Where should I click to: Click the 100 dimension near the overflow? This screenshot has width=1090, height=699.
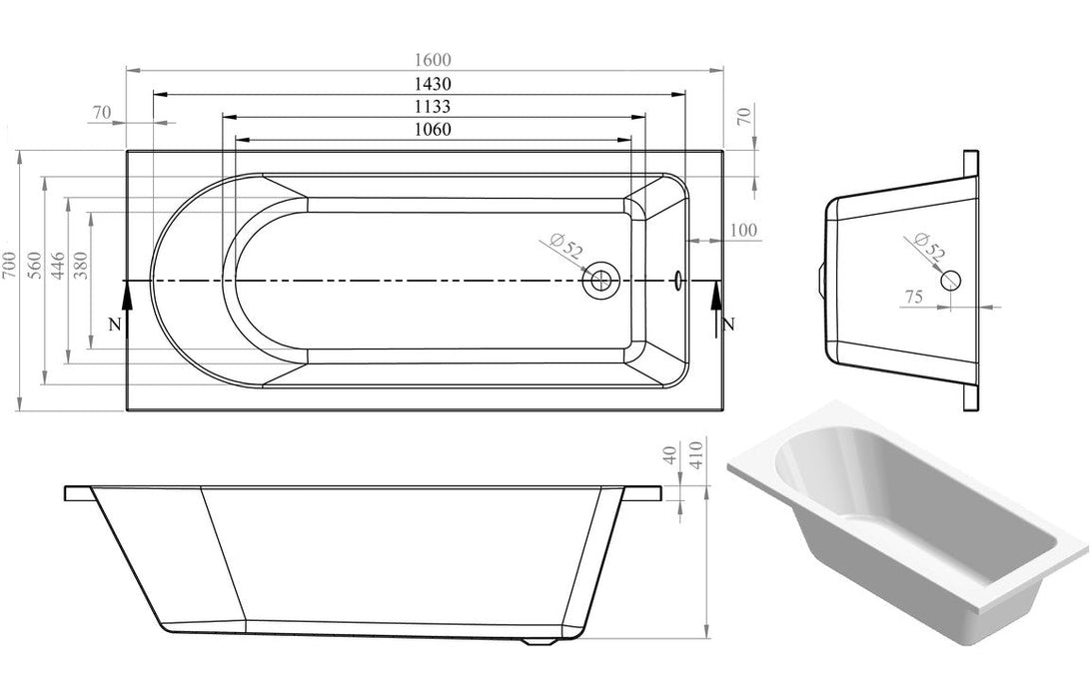pyautogui.click(x=743, y=231)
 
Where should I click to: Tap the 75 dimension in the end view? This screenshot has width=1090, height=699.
pyautogui.click(x=913, y=296)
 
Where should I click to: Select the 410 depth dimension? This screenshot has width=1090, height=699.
pyautogui.click(x=697, y=456)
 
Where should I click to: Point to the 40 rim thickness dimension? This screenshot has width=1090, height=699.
pyautogui.click(x=670, y=456)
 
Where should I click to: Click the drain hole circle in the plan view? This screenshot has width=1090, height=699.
pyautogui.click(x=601, y=280)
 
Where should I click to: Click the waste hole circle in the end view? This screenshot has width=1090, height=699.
pyautogui.click(x=950, y=281)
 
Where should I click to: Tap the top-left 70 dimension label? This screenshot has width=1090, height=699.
pyautogui.click(x=101, y=113)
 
